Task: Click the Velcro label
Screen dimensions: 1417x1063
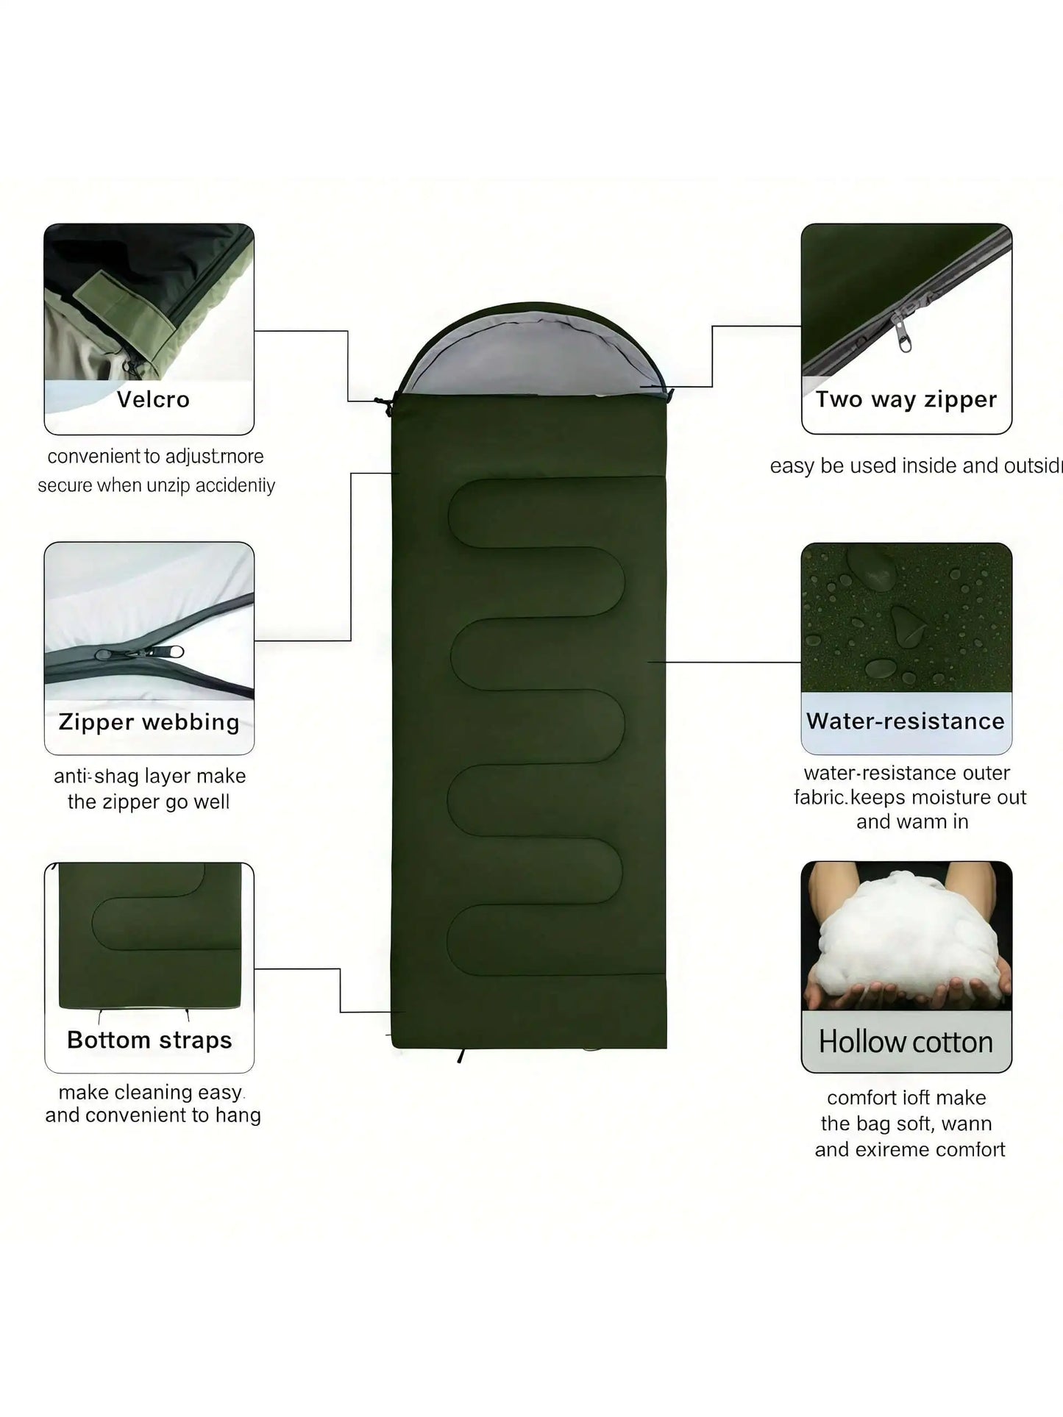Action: (x=153, y=400)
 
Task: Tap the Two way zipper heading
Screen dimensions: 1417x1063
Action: (x=906, y=399)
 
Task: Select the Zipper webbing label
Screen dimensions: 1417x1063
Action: (x=149, y=722)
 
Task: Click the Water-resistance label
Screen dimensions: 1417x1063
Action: (x=905, y=721)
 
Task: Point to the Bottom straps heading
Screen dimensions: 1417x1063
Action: (x=149, y=1040)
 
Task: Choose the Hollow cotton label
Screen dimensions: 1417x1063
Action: (x=906, y=1042)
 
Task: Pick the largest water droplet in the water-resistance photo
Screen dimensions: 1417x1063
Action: (x=872, y=567)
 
